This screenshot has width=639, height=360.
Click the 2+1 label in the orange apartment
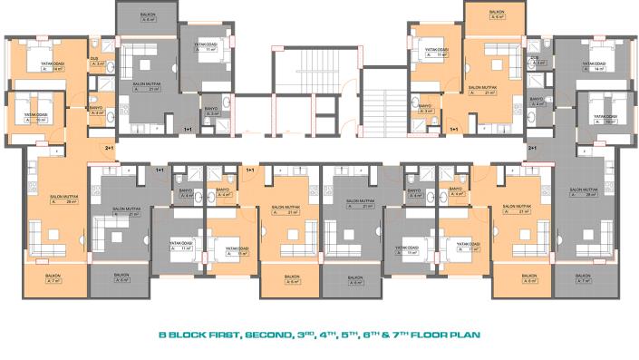pyautogui.click(x=110, y=147)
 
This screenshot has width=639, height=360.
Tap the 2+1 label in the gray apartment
pyautogui.click(x=532, y=147)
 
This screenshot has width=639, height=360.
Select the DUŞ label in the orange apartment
pyautogui.click(x=94, y=58)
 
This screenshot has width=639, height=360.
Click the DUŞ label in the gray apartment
pyautogui.click(x=537, y=58)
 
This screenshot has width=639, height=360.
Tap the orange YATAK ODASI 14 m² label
pyautogui.click(x=51, y=65)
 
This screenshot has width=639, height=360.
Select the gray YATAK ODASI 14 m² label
pyautogui.click(x=594, y=65)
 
